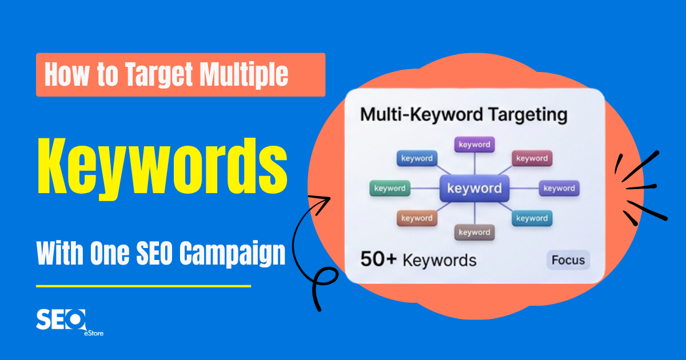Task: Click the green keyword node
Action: pos(390,189)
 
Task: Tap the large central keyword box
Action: pos(474,189)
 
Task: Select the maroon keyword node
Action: pos(532,159)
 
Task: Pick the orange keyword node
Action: pos(417,218)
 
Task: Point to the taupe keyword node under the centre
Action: pos(474,233)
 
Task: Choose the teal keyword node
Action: pos(532,218)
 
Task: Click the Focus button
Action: pos(568,261)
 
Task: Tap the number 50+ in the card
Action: pos(378,260)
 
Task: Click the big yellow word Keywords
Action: pos(162,165)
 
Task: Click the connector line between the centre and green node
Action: pos(424,189)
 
